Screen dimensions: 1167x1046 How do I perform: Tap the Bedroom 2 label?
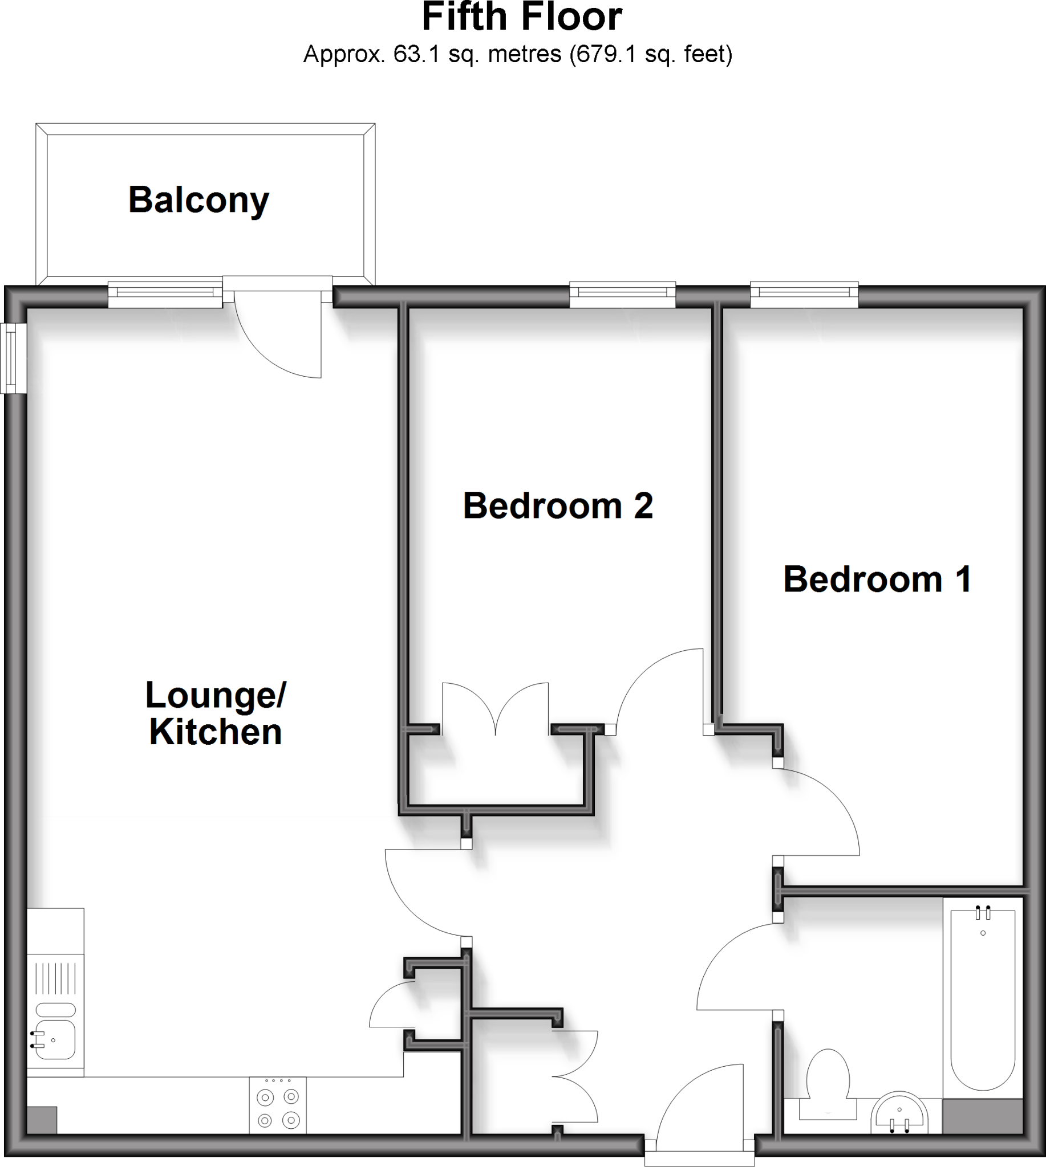pyautogui.click(x=557, y=506)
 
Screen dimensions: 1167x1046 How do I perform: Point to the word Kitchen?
pyautogui.click(x=216, y=732)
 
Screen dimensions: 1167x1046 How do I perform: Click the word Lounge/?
pyautogui.click(x=216, y=695)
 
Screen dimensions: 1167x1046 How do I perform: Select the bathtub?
pyautogui.click(x=983, y=999)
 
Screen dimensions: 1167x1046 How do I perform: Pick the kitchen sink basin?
pyautogui.click(x=56, y=1040)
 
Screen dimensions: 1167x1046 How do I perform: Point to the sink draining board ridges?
pyautogui.click(x=56, y=978)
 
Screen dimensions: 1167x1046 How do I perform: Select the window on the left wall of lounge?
pyautogui.click(x=13, y=358)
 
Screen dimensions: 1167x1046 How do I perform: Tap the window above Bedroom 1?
pyautogui.click(x=804, y=293)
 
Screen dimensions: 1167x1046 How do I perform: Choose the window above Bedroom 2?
pyautogui.click(x=622, y=293)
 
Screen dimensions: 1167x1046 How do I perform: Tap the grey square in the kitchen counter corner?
pyautogui.click(x=42, y=1120)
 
